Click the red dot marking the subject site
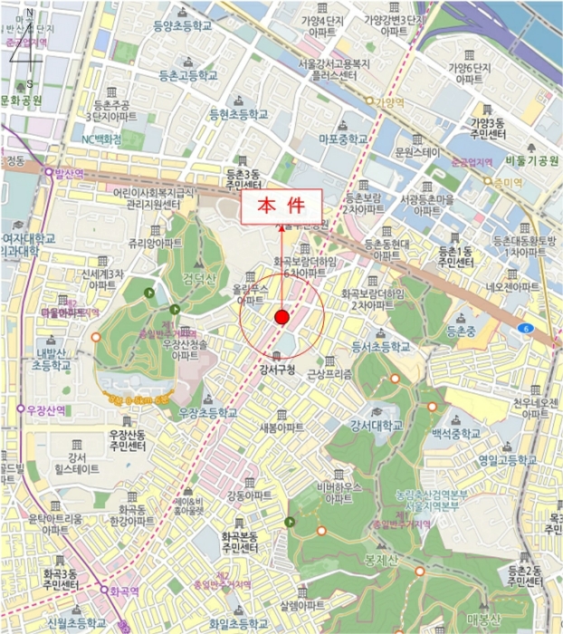[x=281, y=317]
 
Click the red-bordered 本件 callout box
[x=281, y=206]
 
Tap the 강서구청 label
[x=278, y=369]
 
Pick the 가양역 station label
[x=389, y=102]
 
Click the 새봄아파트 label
[x=281, y=427]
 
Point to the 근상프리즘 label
[x=329, y=373]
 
